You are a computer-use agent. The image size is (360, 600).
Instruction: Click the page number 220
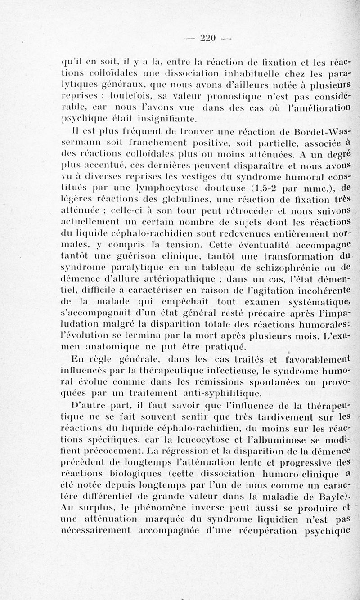pyautogui.click(x=207, y=38)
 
